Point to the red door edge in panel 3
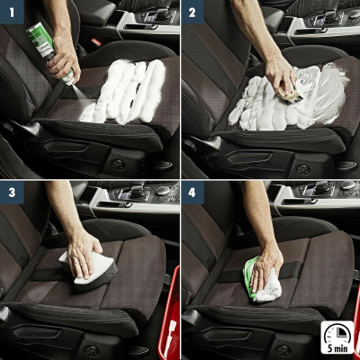pyautogui.click(x=173, y=315)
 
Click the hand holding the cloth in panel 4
pyautogui.click(x=269, y=261)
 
